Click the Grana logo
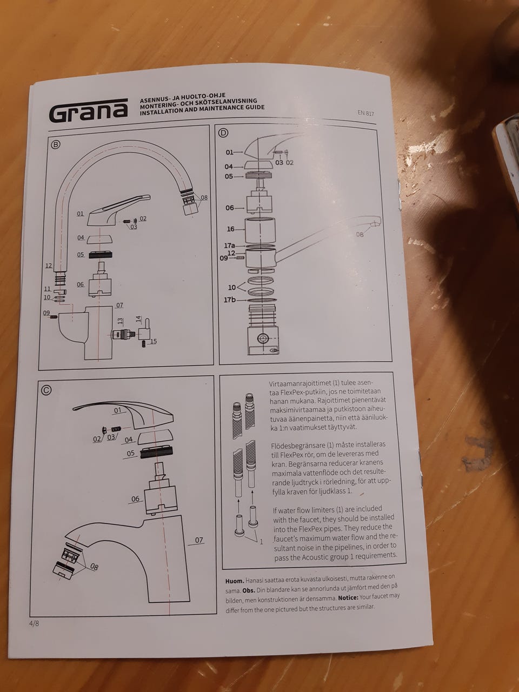point(89,111)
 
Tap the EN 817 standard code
point(366,113)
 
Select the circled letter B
point(56,145)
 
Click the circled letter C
point(46,390)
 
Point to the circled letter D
point(223,133)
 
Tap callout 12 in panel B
point(49,266)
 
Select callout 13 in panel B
point(119,321)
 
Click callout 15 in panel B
point(154,341)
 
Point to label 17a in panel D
point(229,245)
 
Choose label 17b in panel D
point(230,300)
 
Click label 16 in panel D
point(231,229)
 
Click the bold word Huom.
point(235,581)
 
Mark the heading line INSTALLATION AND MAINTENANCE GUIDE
point(202,110)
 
